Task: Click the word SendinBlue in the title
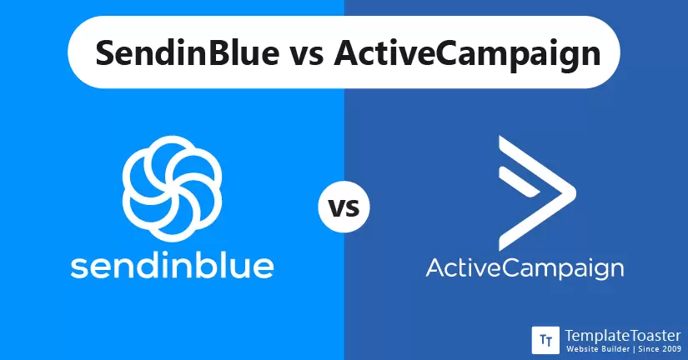pyautogui.click(x=188, y=52)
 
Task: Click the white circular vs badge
pyautogui.click(x=344, y=207)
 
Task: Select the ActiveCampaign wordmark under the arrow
pyautogui.click(x=525, y=268)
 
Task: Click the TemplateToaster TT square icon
pyautogui.click(x=545, y=340)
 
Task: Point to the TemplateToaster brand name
pyautogui.click(x=623, y=336)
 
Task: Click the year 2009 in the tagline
pyautogui.click(x=672, y=349)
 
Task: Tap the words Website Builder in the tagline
pyautogui.click(x=599, y=349)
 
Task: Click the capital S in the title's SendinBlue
pyautogui.click(x=105, y=52)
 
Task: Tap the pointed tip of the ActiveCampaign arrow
pyautogui.click(x=575, y=193)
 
